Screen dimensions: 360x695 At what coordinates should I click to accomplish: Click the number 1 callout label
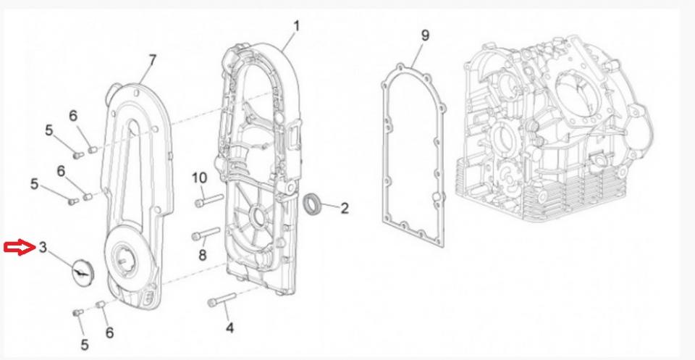(296, 26)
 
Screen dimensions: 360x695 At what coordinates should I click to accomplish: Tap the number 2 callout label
(345, 209)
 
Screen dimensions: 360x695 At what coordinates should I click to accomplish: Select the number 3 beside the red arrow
(43, 248)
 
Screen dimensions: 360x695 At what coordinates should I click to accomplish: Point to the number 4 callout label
(229, 328)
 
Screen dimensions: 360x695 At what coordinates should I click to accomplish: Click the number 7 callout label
(152, 59)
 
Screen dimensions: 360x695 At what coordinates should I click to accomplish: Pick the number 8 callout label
(203, 254)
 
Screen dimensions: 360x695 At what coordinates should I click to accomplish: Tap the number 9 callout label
(425, 35)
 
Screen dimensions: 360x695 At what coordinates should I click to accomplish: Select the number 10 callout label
(199, 177)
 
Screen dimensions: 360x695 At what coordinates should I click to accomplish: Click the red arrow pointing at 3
(17, 248)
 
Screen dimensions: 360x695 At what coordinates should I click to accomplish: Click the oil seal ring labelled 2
(313, 204)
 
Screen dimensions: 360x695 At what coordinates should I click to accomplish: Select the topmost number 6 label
(73, 115)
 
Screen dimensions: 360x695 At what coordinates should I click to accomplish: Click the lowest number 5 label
(85, 344)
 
